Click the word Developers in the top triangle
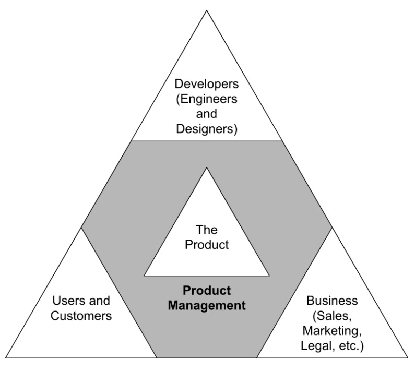(207, 83)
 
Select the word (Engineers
(207, 99)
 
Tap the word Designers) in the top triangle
(207, 128)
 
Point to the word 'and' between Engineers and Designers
(207, 113)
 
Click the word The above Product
(207, 229)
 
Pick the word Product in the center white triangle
(207, 244)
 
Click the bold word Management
(206, 305)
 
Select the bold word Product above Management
(206, 290)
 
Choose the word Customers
(81, 316)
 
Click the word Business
(333, 301)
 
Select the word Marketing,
(333, 330)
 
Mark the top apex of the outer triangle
(207, 10)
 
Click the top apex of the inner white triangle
(207, 168)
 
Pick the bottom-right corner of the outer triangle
(408, 357)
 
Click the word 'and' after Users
(100, 301)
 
